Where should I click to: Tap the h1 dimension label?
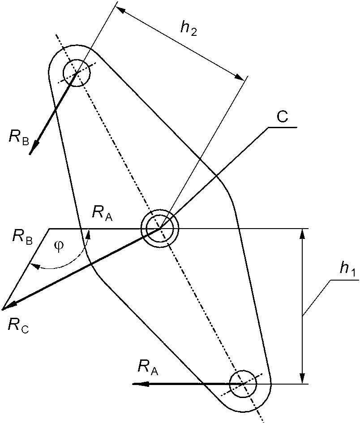[345, 269]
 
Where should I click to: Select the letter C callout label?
[283, 117]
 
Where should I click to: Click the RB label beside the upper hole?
[19, 137]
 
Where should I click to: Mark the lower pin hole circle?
[242, 384]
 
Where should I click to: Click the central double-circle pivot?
[159, 229]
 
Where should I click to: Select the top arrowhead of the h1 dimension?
[303, 233]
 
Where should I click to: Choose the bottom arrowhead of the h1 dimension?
[303, 379]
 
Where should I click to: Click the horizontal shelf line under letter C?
[283, 128]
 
